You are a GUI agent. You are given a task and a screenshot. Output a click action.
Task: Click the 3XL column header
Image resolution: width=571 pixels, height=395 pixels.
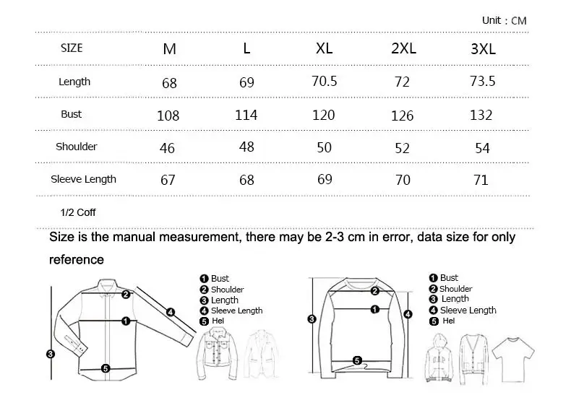click(483, 48)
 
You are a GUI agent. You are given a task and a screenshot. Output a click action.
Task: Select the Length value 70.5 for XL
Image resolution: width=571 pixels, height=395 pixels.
click(324, 81)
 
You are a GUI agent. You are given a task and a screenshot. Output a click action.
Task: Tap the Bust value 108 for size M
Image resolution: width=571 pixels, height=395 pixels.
click(168, 116)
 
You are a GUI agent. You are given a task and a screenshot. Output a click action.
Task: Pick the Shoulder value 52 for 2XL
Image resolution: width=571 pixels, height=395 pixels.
click(402, 148)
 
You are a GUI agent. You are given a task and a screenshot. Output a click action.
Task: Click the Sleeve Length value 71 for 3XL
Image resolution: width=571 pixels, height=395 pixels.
click(481, 180)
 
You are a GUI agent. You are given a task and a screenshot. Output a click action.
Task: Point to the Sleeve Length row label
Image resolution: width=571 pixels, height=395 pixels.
click(83, 179)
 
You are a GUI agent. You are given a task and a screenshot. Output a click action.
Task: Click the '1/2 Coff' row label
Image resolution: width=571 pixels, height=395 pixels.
click(78, 212)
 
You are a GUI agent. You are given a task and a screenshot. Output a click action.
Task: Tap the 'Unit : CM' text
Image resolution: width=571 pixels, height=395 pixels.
click(505, 20)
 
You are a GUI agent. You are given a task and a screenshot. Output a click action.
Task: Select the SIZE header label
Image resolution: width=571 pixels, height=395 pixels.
click(72, 48)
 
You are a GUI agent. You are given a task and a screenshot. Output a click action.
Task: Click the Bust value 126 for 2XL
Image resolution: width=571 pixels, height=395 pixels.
click(402, 116)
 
